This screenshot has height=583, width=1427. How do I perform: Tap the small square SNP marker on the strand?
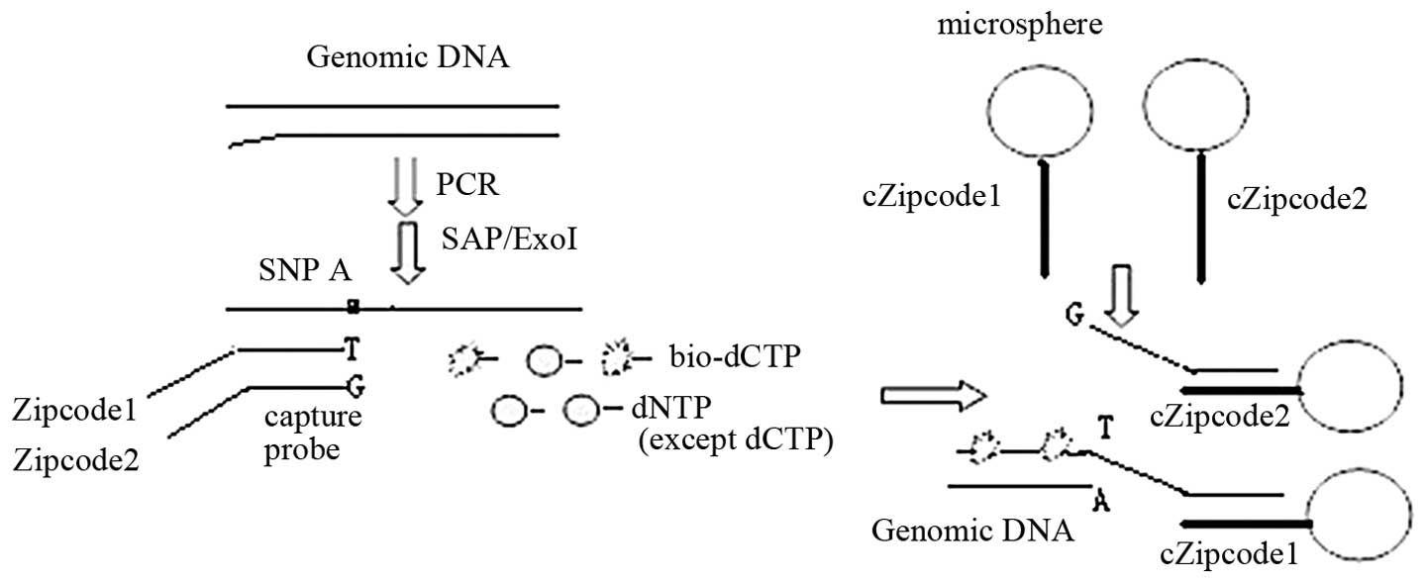(353, 308)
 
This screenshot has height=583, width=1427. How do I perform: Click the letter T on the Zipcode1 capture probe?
(351, 348)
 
